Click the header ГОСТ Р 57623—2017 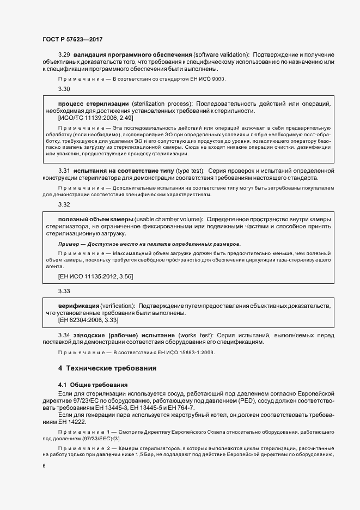(x=72, y=40)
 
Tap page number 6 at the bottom (x=44, y=466)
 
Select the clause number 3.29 (x=64, y=54)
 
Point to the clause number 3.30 (x=64, y=89)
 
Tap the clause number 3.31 (x=64, y=171)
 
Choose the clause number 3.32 (x=64, y=205)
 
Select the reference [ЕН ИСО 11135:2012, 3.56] (x=95, y=277)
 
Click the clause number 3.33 (x=64, y=292)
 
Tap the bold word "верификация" (x=78, y=306)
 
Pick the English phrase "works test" (x=194, y=335)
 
